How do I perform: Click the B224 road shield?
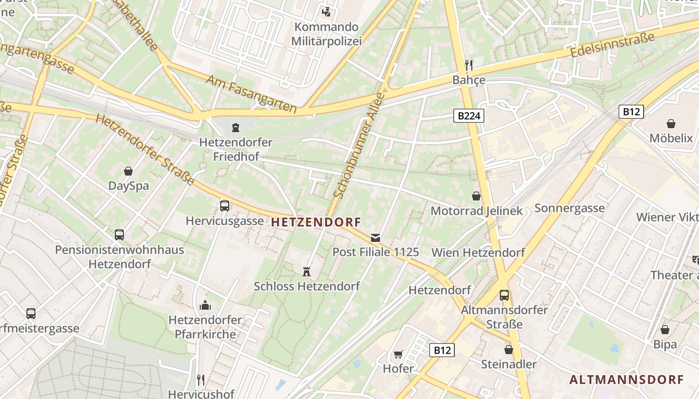coord(469,116)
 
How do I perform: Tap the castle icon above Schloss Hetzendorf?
coord(307,272)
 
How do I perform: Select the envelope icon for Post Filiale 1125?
coord(375,238)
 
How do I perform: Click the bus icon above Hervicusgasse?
coord(224,205)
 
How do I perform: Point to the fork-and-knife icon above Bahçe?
coord(468,64)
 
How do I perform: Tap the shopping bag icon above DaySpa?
coord(128,171)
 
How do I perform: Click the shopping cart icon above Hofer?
coord(398,354)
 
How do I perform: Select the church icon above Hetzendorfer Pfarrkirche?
coord(205,305)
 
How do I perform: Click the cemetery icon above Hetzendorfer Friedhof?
coord(235,128)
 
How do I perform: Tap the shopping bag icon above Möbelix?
coord(671,123)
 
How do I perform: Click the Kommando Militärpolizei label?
coord(327,34)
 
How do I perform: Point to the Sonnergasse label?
coord(569,208)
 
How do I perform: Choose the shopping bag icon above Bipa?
coord(665,330)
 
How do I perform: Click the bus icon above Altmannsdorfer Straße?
coord(504,295)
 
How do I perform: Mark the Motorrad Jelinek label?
coord(476,211)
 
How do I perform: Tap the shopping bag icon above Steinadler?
coord(508,350)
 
